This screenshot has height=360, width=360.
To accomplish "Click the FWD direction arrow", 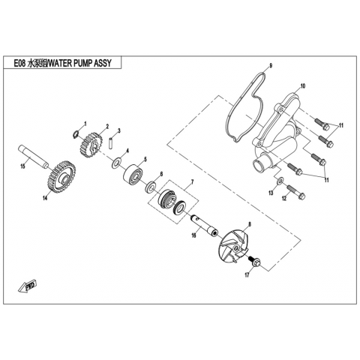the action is click(27, 286).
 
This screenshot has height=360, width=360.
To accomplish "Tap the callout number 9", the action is click(271, 66).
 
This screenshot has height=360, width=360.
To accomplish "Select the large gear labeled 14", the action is click(61, 177).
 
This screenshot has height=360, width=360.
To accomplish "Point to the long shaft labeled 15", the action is click(33, 157).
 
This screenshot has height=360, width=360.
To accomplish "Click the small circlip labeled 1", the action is click(75, 135).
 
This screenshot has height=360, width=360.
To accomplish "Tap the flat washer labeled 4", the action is click(116, 163).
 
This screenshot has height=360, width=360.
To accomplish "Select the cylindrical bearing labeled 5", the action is click(133, 175).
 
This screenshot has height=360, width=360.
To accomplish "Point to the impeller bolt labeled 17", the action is click(254, 262).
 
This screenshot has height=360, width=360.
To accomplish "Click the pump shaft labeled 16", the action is click(204, 225).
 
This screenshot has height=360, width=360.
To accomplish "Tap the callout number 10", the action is click(303, 86).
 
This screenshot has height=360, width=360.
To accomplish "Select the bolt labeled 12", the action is click(295, 191).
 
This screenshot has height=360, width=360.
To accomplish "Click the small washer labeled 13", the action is click(280, 181).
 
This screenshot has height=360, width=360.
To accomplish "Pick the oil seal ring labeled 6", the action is click(151, 187).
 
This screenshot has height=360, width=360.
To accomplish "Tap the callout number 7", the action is click(192, 182).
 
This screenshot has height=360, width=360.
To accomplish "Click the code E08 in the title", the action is click(19, 63).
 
